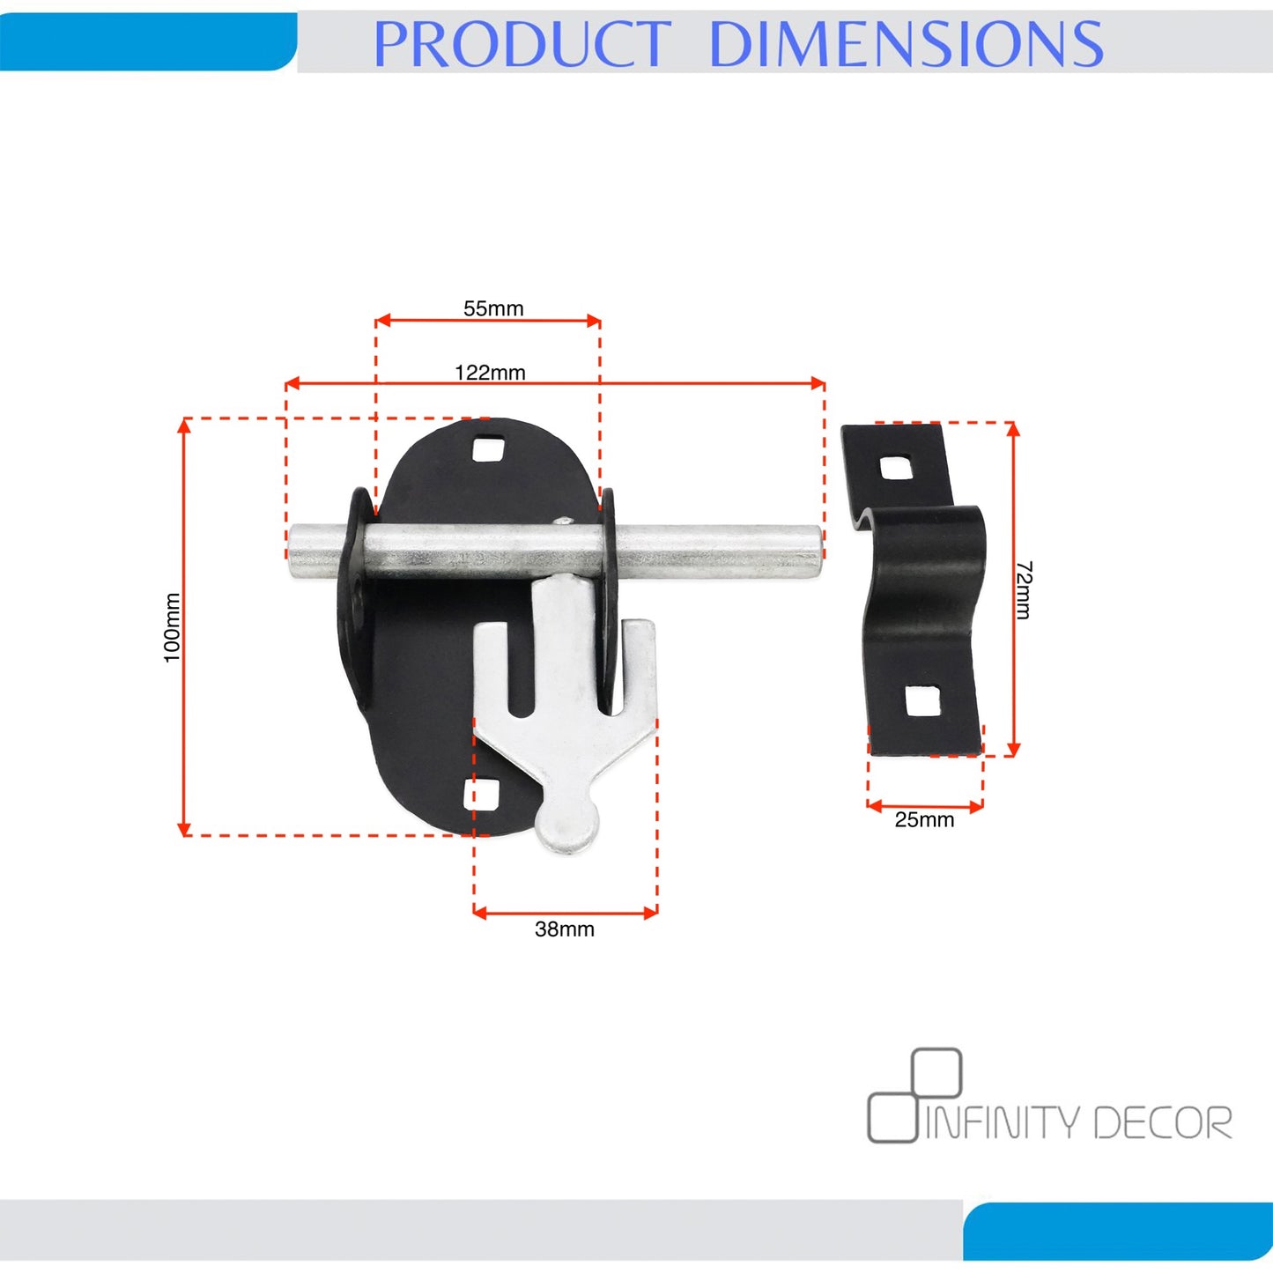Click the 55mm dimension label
[492, 308]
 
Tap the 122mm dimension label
[490, 373]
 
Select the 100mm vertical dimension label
[172, 627]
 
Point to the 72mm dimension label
[1024, 590]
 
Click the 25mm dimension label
[924, 820]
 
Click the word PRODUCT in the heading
[522, 43]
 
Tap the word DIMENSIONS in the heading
[906, 43]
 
